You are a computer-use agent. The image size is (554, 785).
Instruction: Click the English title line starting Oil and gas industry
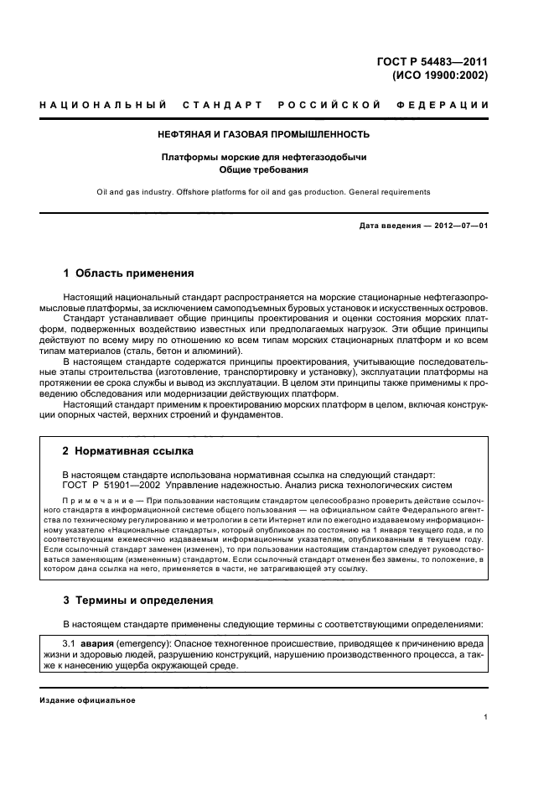click(263, 192)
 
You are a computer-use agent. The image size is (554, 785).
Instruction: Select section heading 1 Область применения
click(129, 273)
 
